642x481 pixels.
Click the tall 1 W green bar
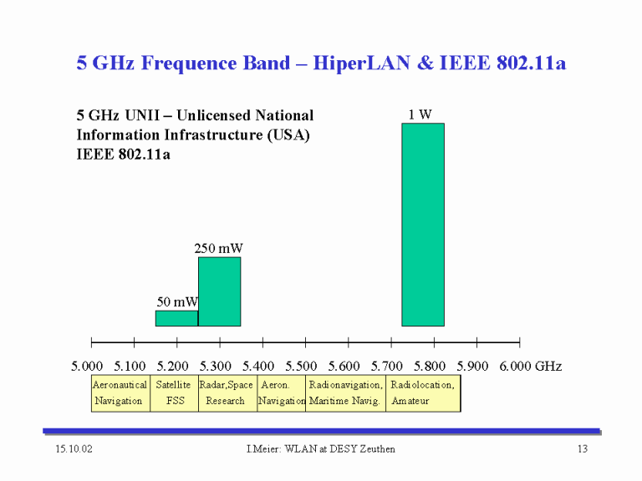tap(423, 225)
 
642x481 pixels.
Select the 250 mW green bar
tap(220, 291)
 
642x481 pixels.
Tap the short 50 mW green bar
tap(177, 318)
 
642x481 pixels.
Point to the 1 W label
tap(420, 114)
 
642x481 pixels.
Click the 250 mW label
tap(218, 248)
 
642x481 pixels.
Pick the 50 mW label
tap(177, 301)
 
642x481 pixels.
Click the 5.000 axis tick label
tap(87, 366)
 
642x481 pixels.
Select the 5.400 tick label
tap(258, 366)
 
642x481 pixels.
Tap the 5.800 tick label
tap(430, 366)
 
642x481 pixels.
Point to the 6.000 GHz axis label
tap(531, 366)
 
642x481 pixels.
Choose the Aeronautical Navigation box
tap(120, 393)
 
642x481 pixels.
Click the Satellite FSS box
tap(175, 393)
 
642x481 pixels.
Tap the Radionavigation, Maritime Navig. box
tap(345, 393)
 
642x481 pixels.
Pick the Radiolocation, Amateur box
tap(423, 393)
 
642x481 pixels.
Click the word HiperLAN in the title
tap(361, 63)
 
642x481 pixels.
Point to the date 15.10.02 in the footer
tap(74, 448)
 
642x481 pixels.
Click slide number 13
tap(583, 448)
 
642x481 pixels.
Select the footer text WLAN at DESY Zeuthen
tap(340, 448)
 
